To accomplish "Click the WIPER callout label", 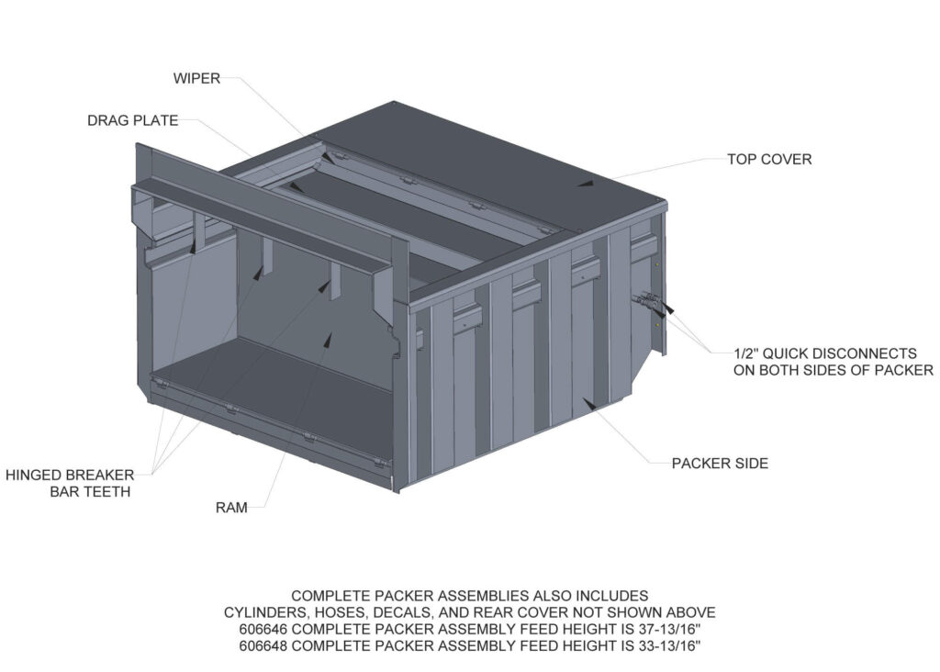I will pos(196,78).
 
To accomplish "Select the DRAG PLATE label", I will pos(132,120).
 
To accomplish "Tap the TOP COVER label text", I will pos(769,159).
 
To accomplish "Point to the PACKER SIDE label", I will pos(720,464).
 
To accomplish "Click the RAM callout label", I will pos(231,508).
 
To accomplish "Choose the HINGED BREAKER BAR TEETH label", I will pos(70,483).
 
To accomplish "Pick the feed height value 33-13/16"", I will pos(663,645).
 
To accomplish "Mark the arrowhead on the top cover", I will pos(585,183).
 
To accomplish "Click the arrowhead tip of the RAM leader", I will pos(327,338).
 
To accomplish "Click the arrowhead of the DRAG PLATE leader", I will pos(294,186).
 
